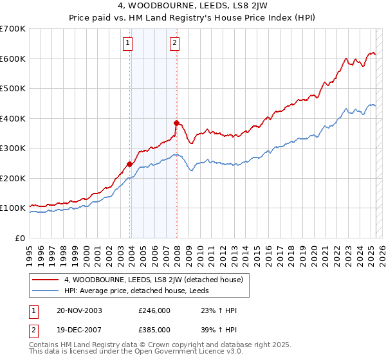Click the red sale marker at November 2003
pyautogui.click(x=129, y=164)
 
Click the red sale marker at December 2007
pyautogui.click(x=176, y=122)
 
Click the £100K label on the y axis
pyautogui.click(x=13, y=208)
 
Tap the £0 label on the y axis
pyautogui.click(x=20, y=238)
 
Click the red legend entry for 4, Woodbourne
pyautogui.click(x=153, y=280)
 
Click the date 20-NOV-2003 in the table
pyautogui.click(x=80, y=310)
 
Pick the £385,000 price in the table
pyautogui.click(x=154, y=329)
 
